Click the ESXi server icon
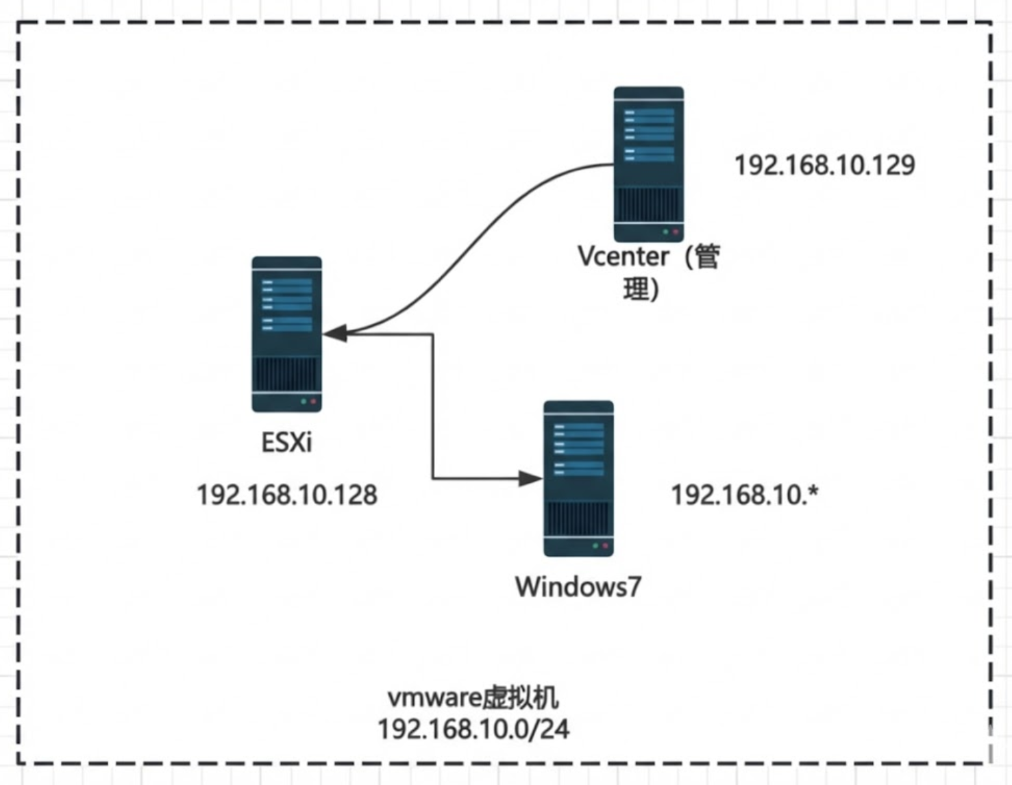286,334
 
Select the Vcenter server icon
648,164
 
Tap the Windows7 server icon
578,478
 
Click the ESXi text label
286,443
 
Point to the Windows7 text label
578,587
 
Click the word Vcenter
623,257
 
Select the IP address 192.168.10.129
824,165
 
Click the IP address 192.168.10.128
286,495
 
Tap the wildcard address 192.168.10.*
745,495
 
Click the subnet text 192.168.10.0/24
473,729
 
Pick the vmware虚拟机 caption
473,698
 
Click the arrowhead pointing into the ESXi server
334,334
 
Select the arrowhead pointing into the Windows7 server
530,478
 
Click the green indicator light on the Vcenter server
665,232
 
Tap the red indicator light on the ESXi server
313,401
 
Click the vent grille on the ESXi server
286,373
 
